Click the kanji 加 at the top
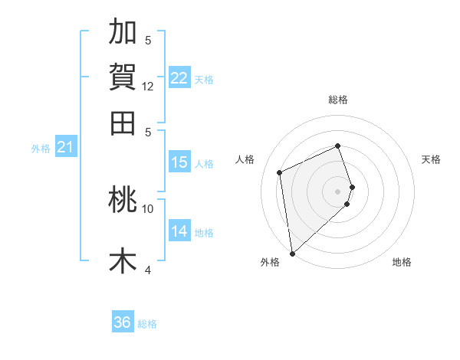click(x=123, y=32)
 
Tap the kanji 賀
click(x=123, y=77)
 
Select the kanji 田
click(x=123, y=122)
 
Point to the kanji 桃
click(x=123, y=199)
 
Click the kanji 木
click(x=123, y=260)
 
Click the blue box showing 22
click(x=179, y=78)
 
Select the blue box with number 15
click(x=179, y=162)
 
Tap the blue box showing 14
click(x=179, y=231)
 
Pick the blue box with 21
click(x=64, y=147)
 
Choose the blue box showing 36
click(x=123, y=322)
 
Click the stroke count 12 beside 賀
click(x=148, y=87)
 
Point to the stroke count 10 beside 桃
click(x=148, y=208)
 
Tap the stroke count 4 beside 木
click(x=148, y=270)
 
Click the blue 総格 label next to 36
click(x=147, y=324)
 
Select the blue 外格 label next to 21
click(x=40, y=149)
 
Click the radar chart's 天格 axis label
click(x=431, y=159)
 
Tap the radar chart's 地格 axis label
click(x=402, y=262)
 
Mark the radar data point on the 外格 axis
click(x=291, y=254)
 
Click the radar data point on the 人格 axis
click(x=280, y=172)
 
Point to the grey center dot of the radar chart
click(x=338, y=191)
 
